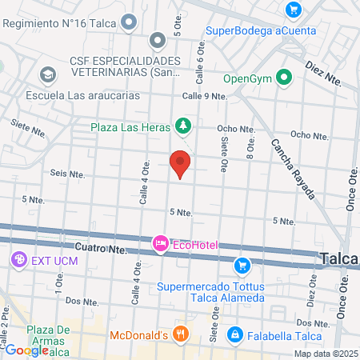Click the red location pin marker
coord(181,163)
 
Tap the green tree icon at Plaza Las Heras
coord(184,126)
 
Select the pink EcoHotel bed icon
coord(160,242)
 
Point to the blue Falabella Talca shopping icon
coord(235,334)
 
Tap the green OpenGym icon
coord(282,78)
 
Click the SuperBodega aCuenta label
coord(260,31)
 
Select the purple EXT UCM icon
coord(18,260)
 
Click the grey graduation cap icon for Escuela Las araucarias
coord(48,74)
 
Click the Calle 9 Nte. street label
coord(205,96)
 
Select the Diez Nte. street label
coord(324,76)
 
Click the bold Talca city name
coord(339,258)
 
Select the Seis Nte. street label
coord(67,172)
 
